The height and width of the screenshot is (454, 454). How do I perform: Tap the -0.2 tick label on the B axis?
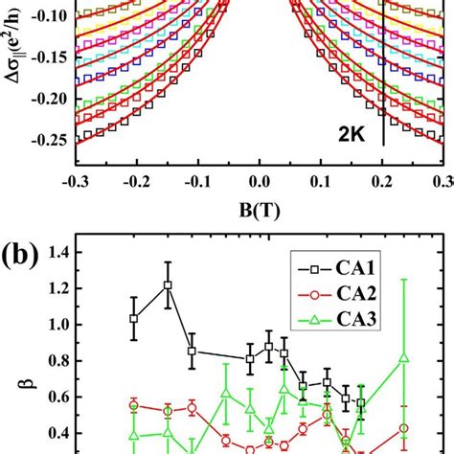(135, 182)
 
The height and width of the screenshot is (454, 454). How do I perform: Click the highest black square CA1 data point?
(168, 285)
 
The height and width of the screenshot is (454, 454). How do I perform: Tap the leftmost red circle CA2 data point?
(134, 405)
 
